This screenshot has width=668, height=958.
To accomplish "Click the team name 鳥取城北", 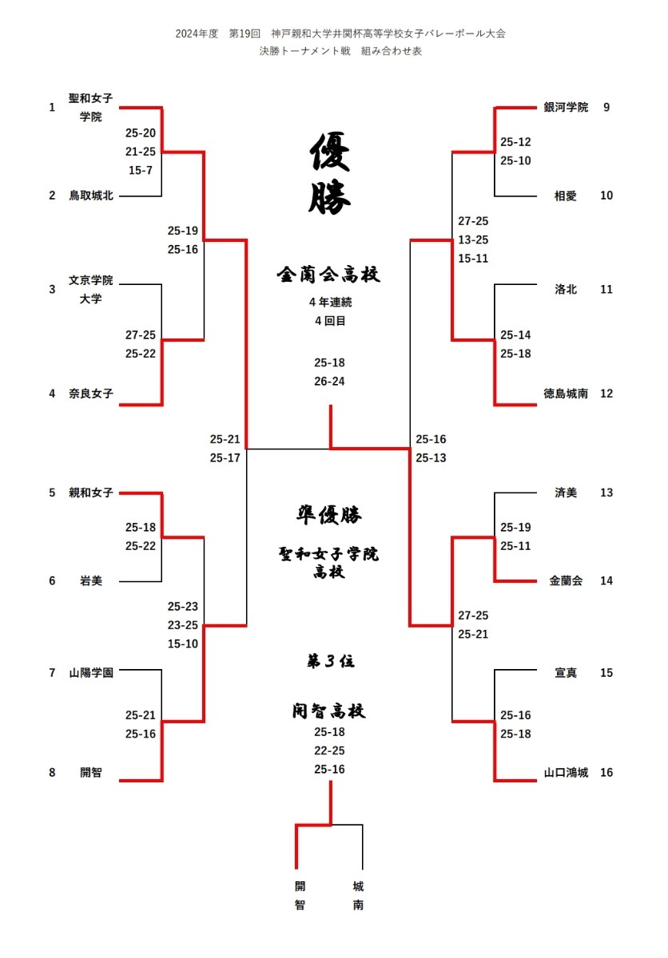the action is pyautogui.click(x=91, y=196).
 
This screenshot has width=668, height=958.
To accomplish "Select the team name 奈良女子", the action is pyautogui.click(x=91, y=394).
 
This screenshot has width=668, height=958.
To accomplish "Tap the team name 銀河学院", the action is pyautogui.click(x=566, y=107).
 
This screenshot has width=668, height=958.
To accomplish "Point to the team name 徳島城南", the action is pyautogui.click(x=566, y=394).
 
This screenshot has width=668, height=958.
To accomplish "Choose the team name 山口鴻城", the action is pyautogui.click(x=566, y=773).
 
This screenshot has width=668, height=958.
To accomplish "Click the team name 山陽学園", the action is pyautogui.click(x=91, y=673).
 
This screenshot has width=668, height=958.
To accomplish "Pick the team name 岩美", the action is pyautogui.click(x=91, y=581).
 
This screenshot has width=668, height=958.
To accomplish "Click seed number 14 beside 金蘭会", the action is pyautogui.click(x=606, y=581).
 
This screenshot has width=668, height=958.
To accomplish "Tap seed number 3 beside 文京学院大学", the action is pyautogui.click(x=52, y=290).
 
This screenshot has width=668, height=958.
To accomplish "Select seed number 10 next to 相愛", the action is pyautogui.click(x=606, y=196).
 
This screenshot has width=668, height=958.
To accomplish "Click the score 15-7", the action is pyautogui.click(x=141, y=170).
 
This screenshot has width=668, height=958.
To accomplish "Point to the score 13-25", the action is pyautogui.click(x=473, y=239).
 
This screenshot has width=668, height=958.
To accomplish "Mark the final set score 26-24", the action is pyautogui.click(x=329, y=381).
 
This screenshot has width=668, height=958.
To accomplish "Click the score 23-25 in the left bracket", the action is pyautogui.click(x=183, y=625).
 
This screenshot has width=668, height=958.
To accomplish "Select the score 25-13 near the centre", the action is pyautogui.click(x=431, y=457).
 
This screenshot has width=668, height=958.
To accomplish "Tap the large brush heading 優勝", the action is pyautogui.click(x=329, y=173).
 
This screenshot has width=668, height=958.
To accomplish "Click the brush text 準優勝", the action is pyautogui.click(x=328, y=515).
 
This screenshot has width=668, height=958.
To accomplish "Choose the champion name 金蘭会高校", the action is pyautogui.click(x=328, y=274).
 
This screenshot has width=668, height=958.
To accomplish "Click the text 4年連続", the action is pyautogui.click(x=330, y=303).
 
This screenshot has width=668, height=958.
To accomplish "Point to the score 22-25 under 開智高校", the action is pyautogui.click(x=329, y=750).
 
